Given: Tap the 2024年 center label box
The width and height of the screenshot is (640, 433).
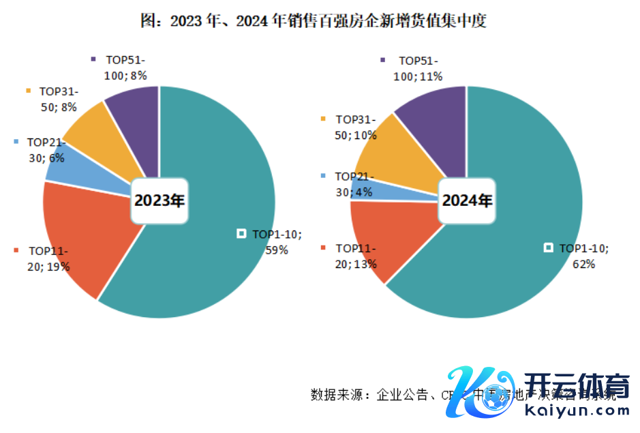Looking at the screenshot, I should click(466, 200).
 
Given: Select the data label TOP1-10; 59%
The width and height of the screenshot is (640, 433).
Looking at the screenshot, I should click(276, 241).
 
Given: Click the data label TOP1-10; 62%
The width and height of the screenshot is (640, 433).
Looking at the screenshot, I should click(583, 255).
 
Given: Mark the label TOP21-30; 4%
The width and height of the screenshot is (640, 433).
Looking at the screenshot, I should click(355, 184).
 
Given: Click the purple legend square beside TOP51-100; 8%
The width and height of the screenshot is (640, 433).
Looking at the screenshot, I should click(93, 59).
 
